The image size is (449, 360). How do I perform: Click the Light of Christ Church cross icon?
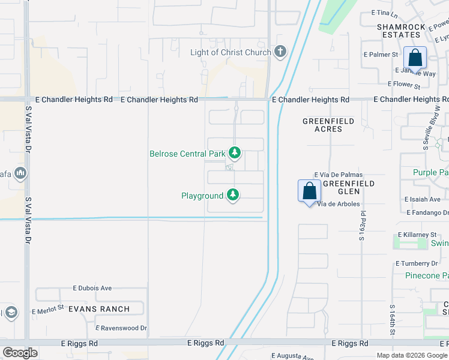tap(280, 52)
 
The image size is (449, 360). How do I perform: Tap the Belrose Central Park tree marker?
tap(234, 154)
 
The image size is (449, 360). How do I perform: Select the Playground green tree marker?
tap(233, 196)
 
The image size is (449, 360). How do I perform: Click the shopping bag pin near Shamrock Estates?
tap(415, 58)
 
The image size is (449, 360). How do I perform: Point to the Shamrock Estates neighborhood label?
tap(401, 31)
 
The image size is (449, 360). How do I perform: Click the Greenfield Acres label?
tap(328, 125)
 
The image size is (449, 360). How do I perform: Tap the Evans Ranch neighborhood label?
tap(98, 309)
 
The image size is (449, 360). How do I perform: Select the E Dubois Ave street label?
tap(92, 288)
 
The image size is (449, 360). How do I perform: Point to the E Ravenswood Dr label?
tap(122, 328)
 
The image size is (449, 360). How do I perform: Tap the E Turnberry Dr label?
tap(417, 264)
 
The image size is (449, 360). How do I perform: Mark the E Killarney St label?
tap(417, 235)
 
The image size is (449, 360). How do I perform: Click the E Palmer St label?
tap(381, 55)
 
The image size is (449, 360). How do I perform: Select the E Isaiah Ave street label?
tap(423, 199)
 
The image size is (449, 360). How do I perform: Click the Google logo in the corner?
tap(20, 353)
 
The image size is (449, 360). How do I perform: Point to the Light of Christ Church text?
tap(231, 52)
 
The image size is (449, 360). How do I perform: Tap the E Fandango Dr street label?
tap(427, 212)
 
